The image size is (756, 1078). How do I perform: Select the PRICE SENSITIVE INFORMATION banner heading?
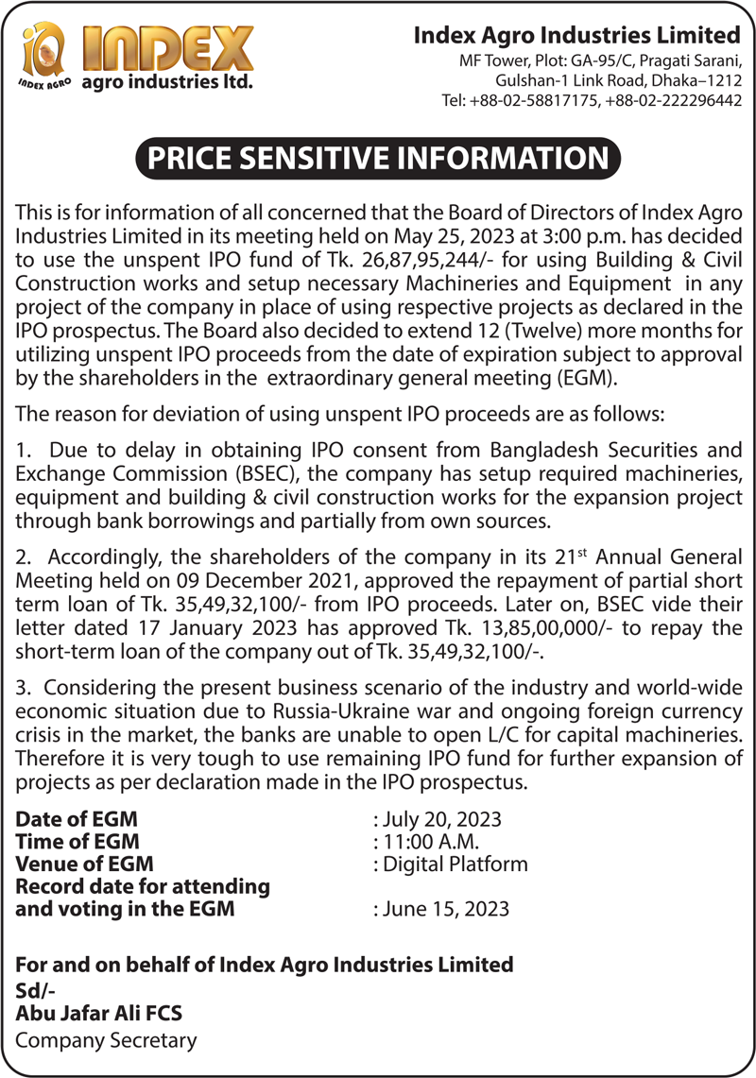378,158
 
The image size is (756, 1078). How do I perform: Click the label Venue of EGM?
85,864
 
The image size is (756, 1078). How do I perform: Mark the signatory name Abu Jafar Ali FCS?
100,1013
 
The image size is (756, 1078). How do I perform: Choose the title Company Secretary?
107,1040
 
